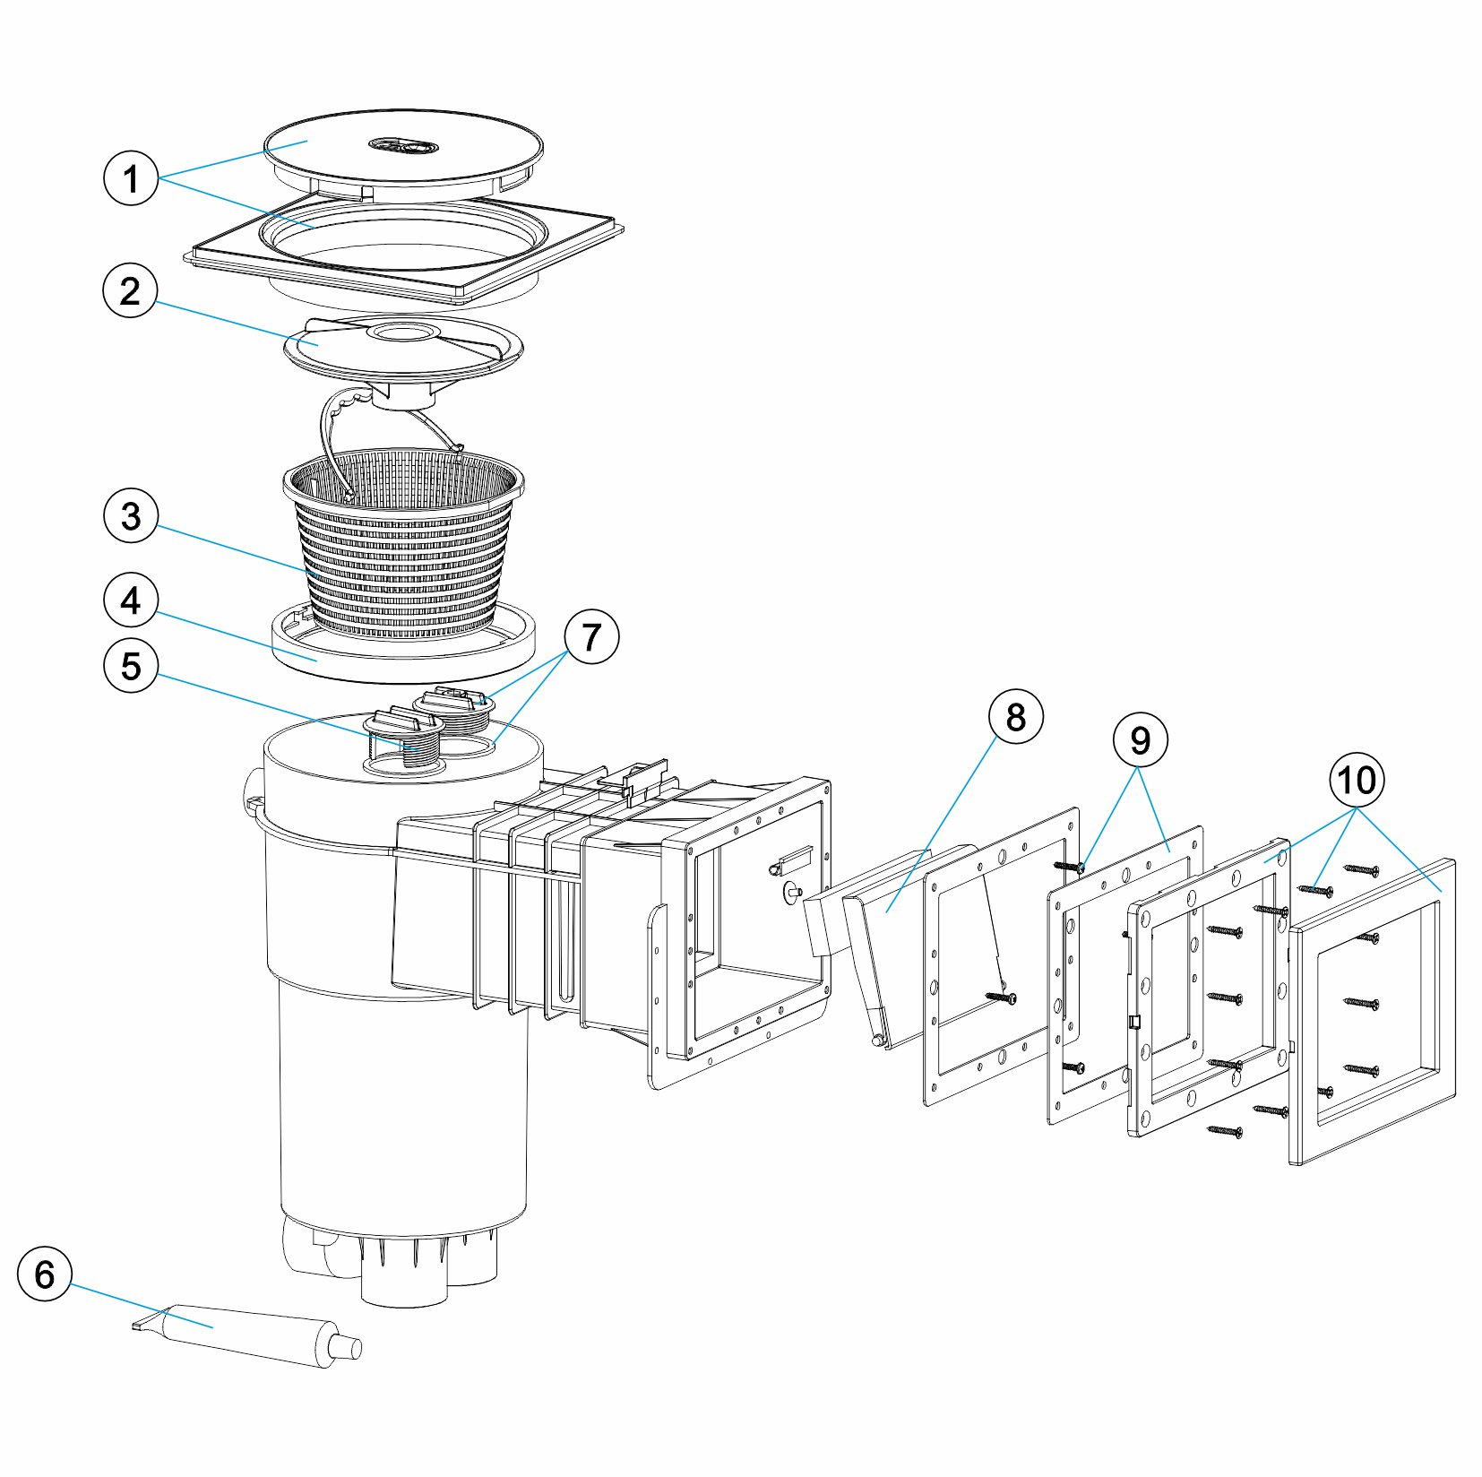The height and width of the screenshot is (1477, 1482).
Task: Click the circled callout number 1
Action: (131, 177)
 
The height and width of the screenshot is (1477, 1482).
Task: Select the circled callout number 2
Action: (131, 290)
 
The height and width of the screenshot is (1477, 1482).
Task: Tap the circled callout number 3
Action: (131, 515)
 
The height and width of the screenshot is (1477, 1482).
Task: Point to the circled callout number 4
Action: (131, 600)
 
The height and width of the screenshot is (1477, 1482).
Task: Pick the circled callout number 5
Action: (131, 666)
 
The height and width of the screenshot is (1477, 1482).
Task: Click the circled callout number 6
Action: (45, 1274)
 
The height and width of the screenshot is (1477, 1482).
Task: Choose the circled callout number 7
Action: (591, 637)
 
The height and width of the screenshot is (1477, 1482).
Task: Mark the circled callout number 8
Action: (1015, 716)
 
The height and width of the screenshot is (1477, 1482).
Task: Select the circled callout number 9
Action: (1140, 740)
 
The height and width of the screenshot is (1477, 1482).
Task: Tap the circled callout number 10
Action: (1357, 780)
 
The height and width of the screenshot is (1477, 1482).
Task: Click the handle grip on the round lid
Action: (404, 143)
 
